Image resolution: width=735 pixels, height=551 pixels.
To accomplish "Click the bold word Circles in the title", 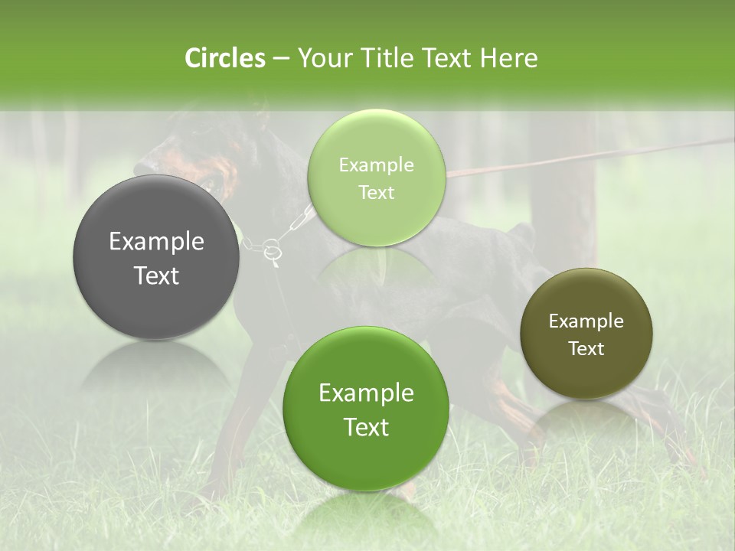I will (224, 58).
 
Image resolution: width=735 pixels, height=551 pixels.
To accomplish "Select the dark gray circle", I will (155, 257).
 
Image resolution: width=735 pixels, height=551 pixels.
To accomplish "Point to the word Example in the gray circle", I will (156, 242).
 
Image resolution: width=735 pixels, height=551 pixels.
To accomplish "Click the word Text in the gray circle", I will (156, 275).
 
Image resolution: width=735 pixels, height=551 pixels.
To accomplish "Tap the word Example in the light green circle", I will (376, 165).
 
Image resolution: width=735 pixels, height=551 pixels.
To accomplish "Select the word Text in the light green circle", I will (376, 192).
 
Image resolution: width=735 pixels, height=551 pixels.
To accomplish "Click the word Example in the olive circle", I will (586, 321).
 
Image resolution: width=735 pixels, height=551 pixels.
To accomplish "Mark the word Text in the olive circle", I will (586, 348).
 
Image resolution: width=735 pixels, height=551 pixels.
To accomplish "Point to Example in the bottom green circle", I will (366, 393).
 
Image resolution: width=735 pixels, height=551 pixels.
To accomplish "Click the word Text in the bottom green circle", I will (366, 427).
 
